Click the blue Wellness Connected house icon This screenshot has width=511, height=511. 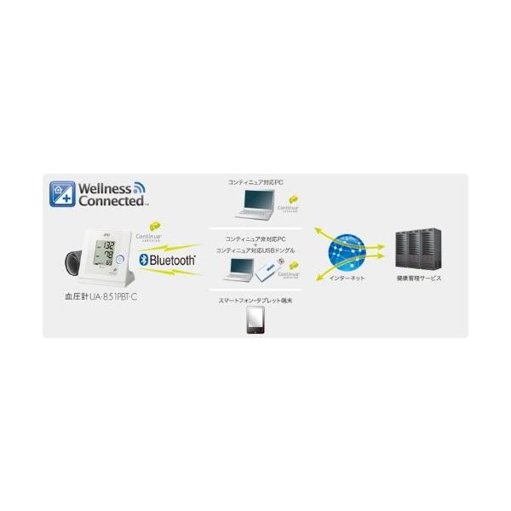tap(62, 194)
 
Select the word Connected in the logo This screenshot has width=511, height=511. tap(111, 201)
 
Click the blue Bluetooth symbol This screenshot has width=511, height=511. tap(144, 259)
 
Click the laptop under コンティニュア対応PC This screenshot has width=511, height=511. tap(255, 204)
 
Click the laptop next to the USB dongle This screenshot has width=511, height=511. tap(239, 270)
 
